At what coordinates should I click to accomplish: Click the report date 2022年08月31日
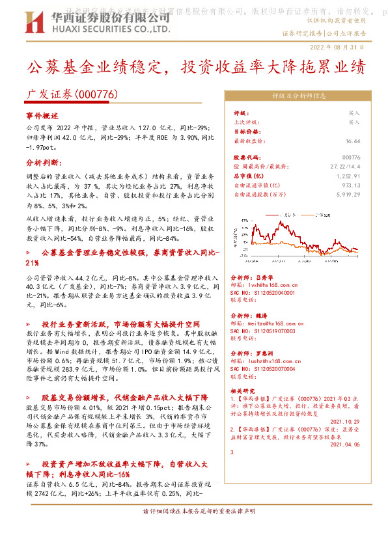pos(337,48)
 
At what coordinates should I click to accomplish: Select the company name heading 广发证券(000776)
pos(72,94)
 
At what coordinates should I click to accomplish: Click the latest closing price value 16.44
pos(353,141)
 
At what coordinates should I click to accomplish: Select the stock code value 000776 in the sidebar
pos(351,158)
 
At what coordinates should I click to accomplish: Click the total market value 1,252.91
pos(348,176)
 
